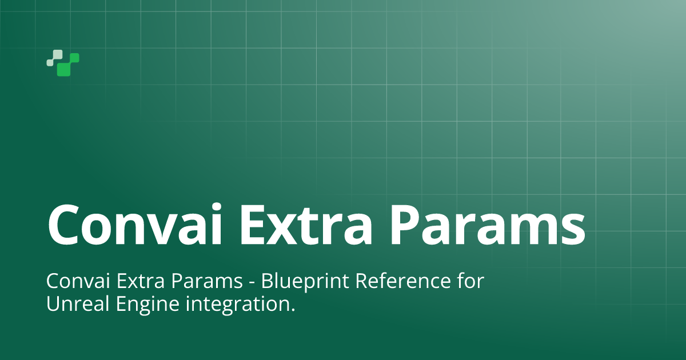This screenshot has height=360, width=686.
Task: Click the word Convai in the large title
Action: tap(135, 225)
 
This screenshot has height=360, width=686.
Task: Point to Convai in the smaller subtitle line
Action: tap(78, 281)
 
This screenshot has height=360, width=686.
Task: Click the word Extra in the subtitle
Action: tap(140, 281)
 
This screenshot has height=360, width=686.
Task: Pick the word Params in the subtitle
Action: tap(207, 281)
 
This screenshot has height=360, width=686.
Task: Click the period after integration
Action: tap(293, 310)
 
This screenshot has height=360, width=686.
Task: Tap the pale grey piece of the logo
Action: tap(55, 58)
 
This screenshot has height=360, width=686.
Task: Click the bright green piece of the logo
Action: tap(68, 65)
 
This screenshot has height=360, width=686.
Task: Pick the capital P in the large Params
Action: tap(405, 226)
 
